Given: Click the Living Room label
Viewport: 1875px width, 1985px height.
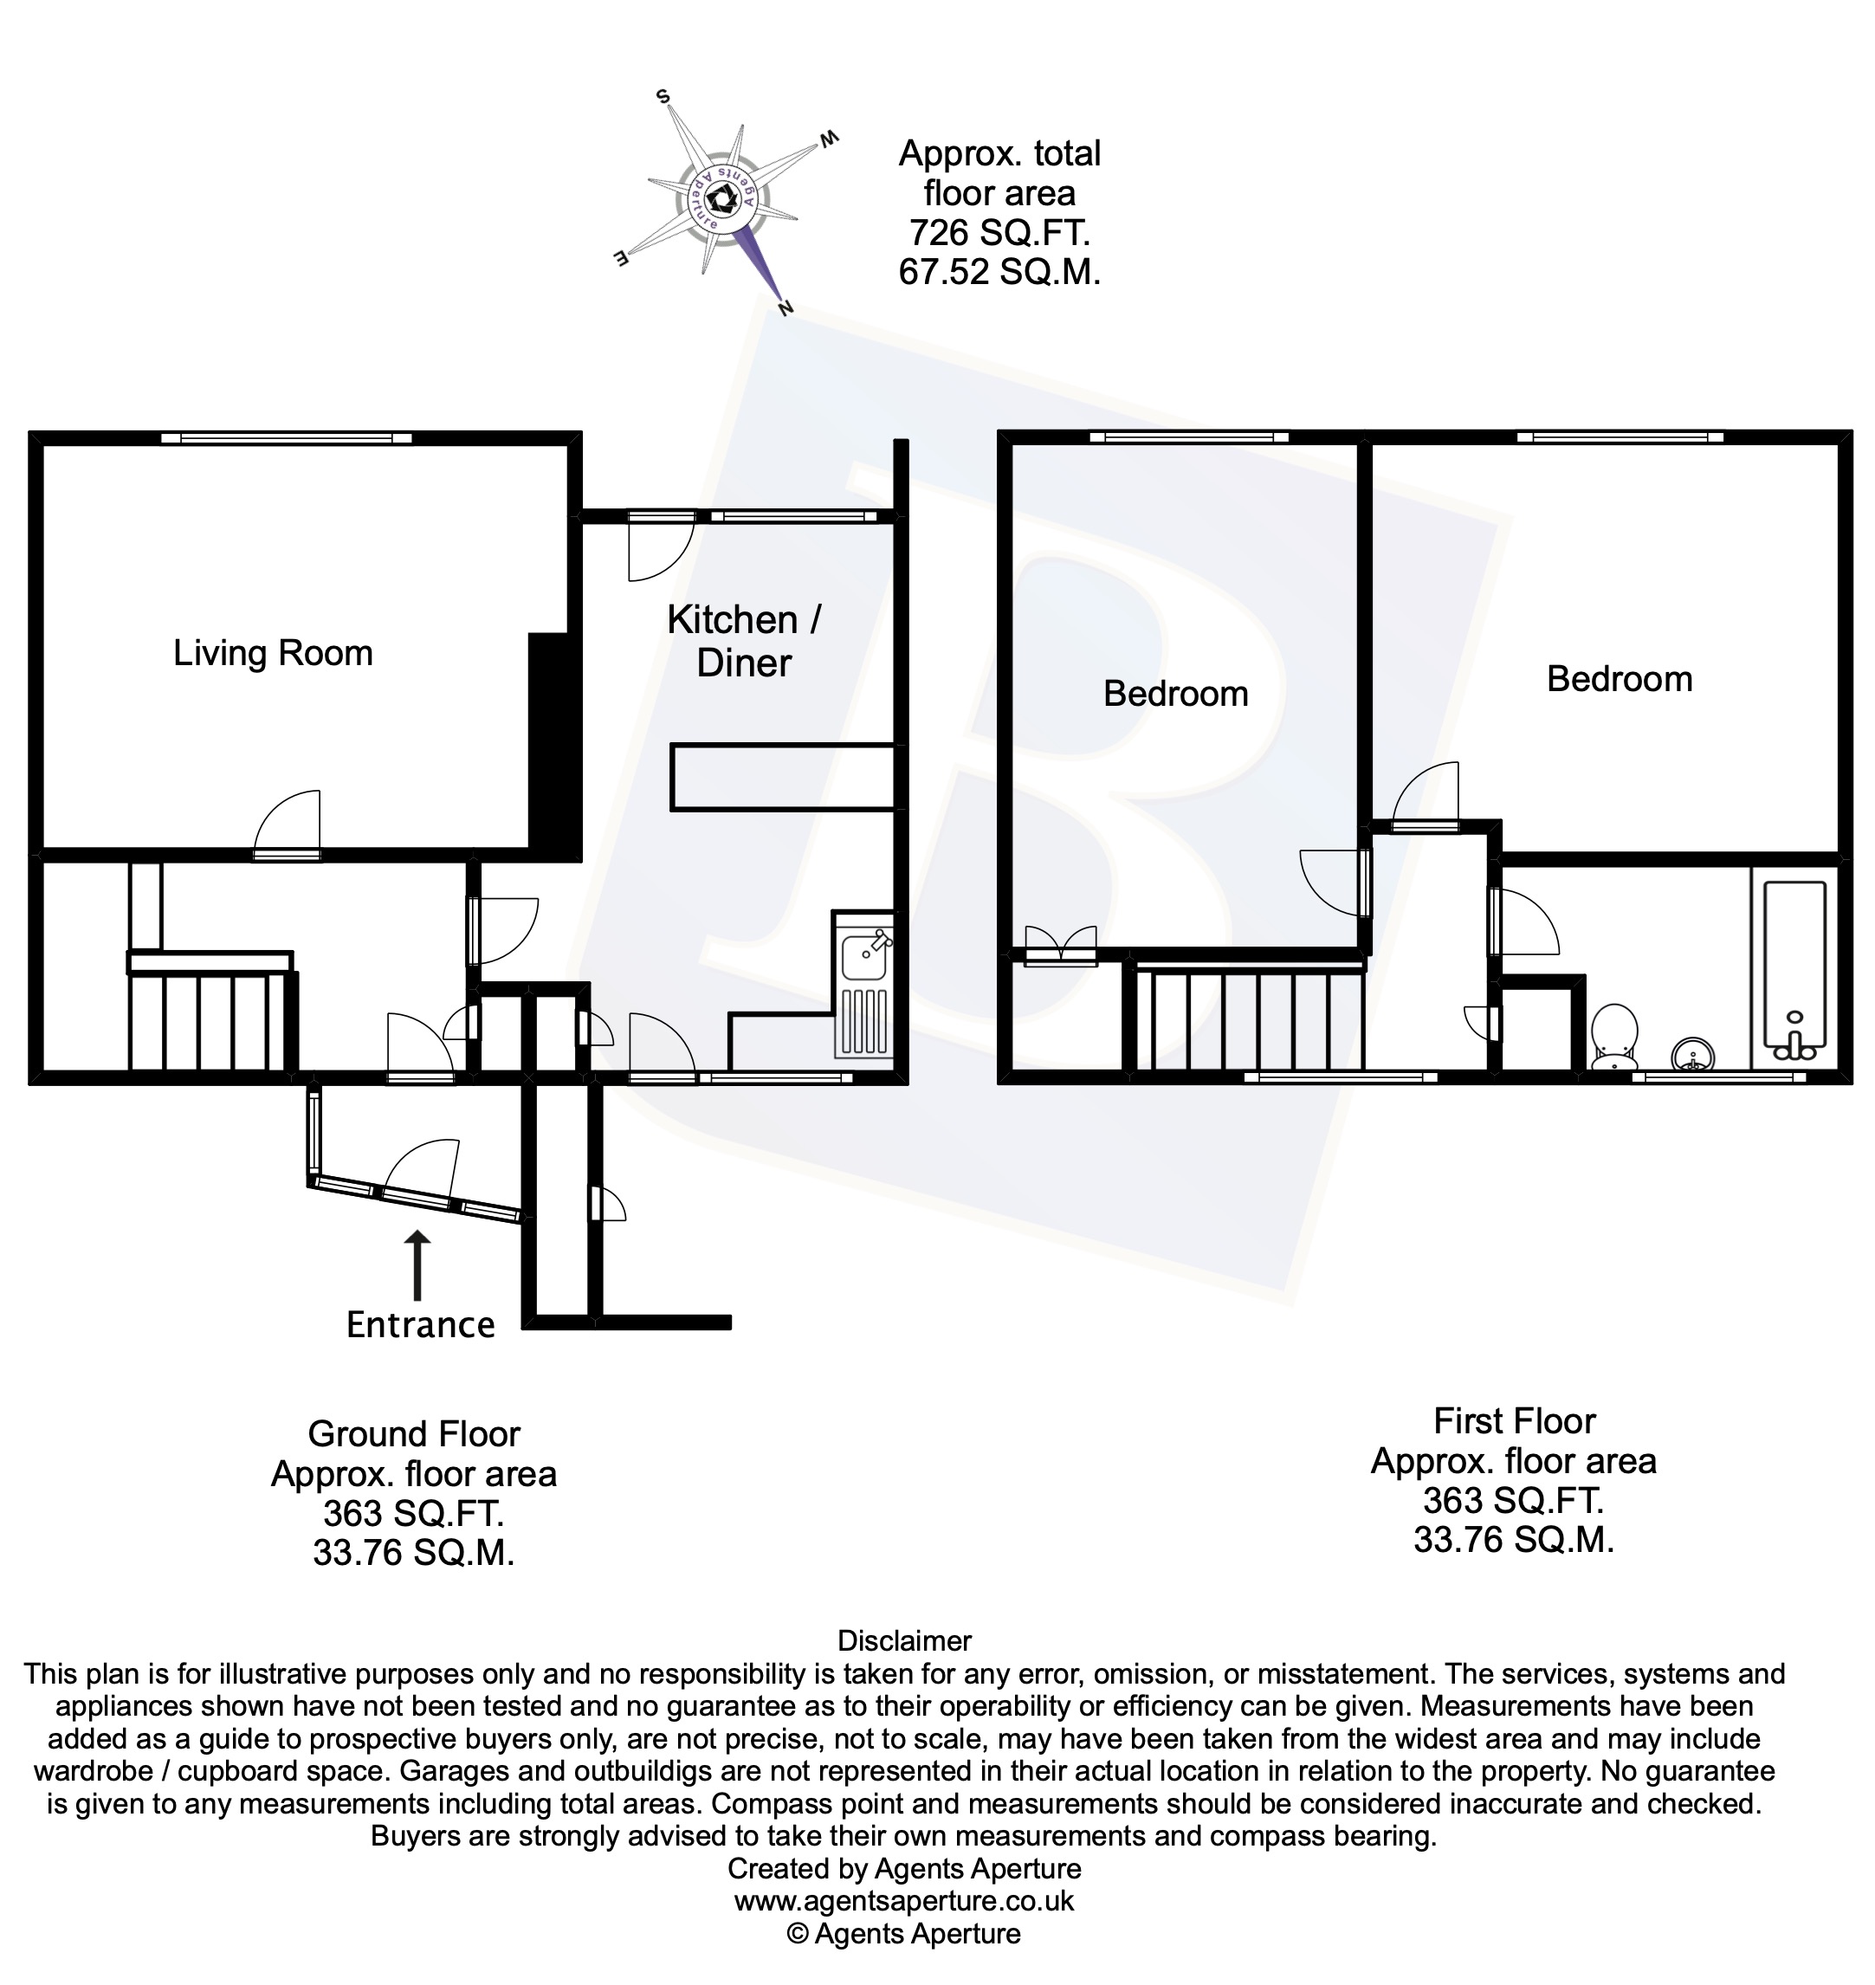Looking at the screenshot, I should coord(273,653).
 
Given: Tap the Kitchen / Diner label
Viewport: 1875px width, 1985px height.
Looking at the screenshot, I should coord(744,641).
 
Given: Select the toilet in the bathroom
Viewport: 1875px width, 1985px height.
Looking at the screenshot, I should coord(1614,1036).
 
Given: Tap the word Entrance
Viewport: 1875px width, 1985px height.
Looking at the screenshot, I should coord(420,1325).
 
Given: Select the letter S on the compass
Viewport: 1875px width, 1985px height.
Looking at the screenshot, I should coord(662,97).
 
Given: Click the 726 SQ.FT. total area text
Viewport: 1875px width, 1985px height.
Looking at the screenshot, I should coord(999,233).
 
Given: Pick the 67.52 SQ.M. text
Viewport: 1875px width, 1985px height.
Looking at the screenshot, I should coord(999,272).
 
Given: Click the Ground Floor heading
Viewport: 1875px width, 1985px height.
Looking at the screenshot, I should coord(414,1434).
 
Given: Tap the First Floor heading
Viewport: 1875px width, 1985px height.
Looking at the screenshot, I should coord(1514,1421).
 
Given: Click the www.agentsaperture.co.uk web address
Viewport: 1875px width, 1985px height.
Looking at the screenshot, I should coord(903,1900).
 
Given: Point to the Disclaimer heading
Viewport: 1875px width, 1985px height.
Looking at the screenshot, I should coord(903,1641).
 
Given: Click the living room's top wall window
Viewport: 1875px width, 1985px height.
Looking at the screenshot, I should coord(287,437).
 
